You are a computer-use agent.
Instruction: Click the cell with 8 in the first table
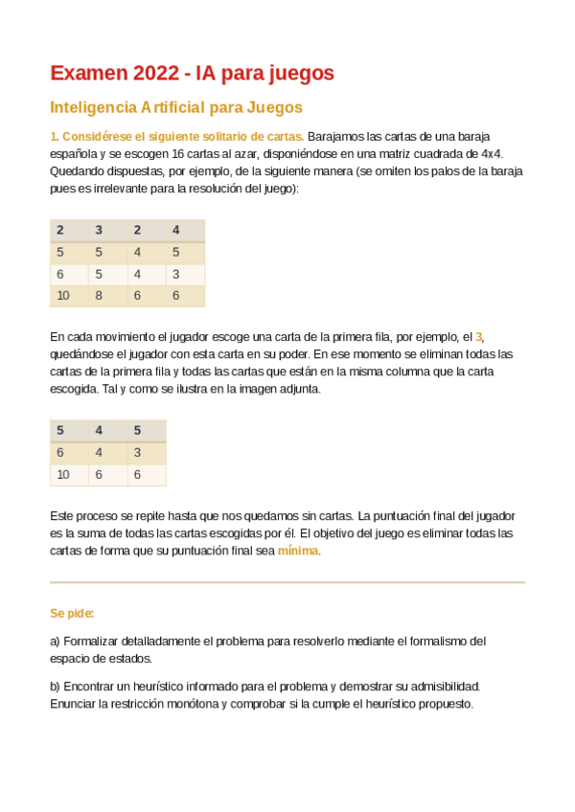tap(98, 296)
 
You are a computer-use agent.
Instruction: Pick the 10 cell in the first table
tap(63, 296)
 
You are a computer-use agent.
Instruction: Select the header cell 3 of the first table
tap(98, 230)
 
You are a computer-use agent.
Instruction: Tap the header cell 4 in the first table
tap(175, 230)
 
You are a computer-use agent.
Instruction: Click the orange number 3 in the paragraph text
tap(480, 337)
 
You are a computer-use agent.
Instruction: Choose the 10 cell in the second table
tap(63, 475)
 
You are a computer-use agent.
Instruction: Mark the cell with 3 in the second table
tap(137, 452)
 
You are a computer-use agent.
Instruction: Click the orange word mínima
tap(297, 551)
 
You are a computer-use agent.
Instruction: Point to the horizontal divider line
tap(287, 582)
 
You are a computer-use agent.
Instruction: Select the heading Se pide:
tap(72, 613)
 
